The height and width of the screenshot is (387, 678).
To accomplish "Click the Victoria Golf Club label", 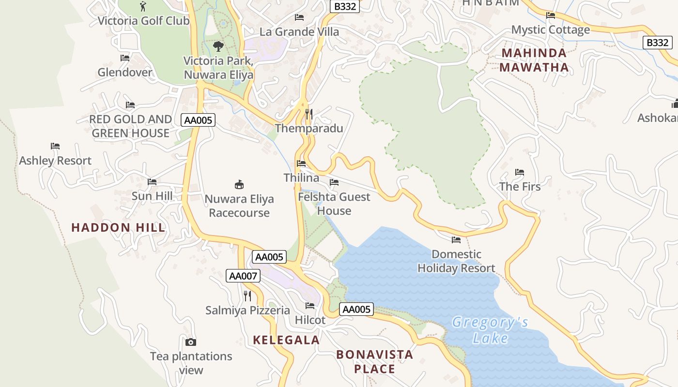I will [x=143, y=21].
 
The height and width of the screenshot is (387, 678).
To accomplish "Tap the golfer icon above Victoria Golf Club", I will [x=142, y=6].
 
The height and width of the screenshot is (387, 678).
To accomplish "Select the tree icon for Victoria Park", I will [x=218, y=46].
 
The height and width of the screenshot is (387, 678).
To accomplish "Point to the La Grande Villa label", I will [x=299, y=32].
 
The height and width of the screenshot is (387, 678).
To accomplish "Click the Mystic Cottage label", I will [x=551, y=30].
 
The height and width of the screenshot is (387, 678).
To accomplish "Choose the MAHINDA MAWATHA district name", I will [x=534, y=60].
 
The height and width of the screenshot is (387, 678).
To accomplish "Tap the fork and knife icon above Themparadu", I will [x=309, y=114].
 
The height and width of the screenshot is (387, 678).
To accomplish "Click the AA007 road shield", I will [x=243, y=276].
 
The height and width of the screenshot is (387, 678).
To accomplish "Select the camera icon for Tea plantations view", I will [x=191, y=342].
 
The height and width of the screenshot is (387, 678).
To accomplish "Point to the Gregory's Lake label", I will [x=490, y=330].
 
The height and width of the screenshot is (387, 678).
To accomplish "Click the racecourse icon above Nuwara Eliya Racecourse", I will [x=239, y=184].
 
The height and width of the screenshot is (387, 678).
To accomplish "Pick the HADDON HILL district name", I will [x=118, y=227].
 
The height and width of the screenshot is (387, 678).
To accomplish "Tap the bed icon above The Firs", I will [x=520, y=172].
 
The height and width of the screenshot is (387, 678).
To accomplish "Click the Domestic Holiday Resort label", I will [x=456, y=261].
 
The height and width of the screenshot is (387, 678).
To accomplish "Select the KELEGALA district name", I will [x=286, y=340].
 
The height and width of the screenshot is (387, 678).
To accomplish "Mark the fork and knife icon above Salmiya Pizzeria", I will [x=247, y=296].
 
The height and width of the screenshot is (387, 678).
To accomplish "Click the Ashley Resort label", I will [x=55, y=161].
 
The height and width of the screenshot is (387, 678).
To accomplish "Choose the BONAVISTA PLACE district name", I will [x=375, y=361].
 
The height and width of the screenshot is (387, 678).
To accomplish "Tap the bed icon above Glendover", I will [x=125, y=58].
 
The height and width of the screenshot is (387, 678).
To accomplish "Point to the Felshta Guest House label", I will [x=334, y=204].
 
